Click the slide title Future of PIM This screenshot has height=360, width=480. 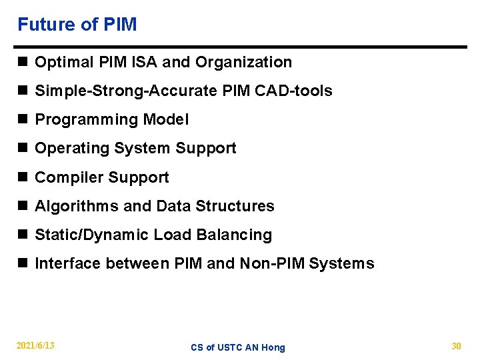click(77, 25)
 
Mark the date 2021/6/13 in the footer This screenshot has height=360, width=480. click(36, 346)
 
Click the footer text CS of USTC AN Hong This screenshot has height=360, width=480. click(238, 347)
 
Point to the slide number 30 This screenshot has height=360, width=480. click(456, 346)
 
